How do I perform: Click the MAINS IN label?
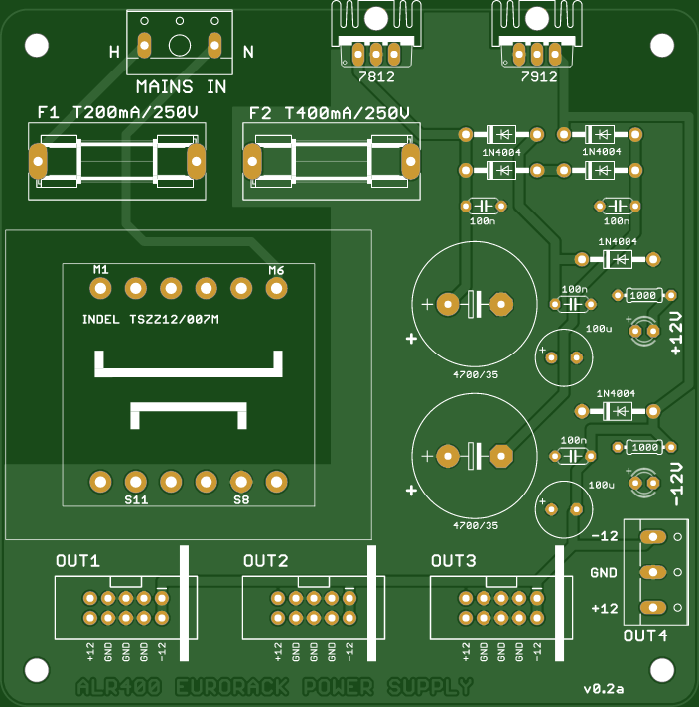pos(181,87)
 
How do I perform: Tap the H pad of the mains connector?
pos(144,46)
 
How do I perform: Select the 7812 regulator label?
pos(375,76)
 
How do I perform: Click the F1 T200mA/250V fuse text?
pos(117,113)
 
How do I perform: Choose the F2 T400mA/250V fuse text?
pos(330,113)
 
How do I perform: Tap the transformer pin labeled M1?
pos(100,288)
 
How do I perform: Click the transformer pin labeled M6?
pos(276,288)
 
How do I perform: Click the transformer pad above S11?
pos(135,482)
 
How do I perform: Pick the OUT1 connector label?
pos(77,561)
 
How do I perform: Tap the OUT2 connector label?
pos(265,561)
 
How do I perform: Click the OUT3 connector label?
pos(453,561)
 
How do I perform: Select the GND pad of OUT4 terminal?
pos(652,572)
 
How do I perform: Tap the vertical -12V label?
pos(677,484)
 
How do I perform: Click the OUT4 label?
pos(644,636)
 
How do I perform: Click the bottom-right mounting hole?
pos(662,667)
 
